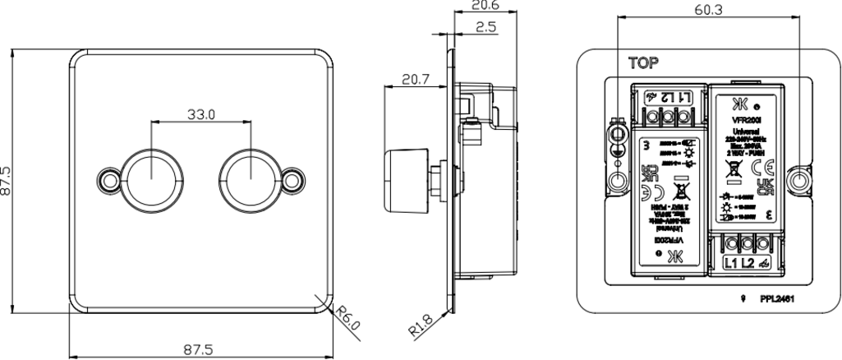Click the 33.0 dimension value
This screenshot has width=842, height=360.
(x=200, y=114)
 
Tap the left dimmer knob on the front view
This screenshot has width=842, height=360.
(x=153, y=177)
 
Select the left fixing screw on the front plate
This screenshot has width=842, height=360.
(x=108, y=178)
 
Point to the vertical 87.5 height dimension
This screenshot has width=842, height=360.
(x=7, y=182)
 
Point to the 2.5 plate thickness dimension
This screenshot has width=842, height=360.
(x=485, y=27)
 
